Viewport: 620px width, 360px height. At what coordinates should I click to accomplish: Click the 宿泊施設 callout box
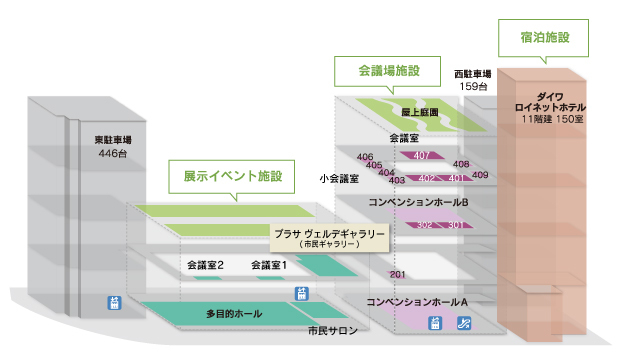(x=543, y=38)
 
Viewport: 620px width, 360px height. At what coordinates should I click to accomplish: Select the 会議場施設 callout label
(x=388, y=71)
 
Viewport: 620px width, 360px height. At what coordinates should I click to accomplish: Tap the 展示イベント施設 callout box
(x=232, y=176)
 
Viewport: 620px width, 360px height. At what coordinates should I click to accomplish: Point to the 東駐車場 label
(x=113, y=140)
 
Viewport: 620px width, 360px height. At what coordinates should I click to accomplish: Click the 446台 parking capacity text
(x=113, y=153)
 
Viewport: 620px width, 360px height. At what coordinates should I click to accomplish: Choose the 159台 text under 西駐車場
(x=473, y=86)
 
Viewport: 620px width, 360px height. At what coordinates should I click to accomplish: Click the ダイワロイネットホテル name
(x=550, y=102)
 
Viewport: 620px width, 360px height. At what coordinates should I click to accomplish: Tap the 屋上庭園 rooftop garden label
(x=420, y=112)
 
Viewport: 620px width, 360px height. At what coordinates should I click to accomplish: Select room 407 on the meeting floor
(x=422, y=155)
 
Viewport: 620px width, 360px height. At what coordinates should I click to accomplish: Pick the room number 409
(x=480, y=175)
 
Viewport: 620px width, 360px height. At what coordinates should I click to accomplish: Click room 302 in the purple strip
(x=424, y=225)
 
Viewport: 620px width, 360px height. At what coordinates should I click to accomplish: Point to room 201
(x=397, y=274)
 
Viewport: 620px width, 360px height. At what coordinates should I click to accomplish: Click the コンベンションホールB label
(x=418, y=203)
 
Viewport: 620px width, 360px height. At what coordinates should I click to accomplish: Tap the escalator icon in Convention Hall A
(x=464, y=323)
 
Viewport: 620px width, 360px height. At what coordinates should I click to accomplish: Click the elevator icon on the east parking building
(x=114, y=303)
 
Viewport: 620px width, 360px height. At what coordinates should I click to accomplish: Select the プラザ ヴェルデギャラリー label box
(x=329, y=238)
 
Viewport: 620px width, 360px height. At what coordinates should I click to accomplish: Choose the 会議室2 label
(x=205, y=265)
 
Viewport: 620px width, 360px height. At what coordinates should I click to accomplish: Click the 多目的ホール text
(x=234, y=314)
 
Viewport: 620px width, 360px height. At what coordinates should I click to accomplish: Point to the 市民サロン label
(x=333, y=331)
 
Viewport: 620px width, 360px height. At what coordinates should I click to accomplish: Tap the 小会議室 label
(x=339, y=179)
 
